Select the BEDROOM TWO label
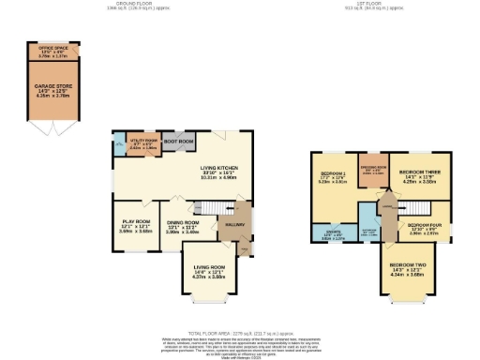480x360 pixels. pyautogui.click(x=407, y=268)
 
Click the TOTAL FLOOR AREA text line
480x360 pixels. pyautogui.click(x=240, y=332)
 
